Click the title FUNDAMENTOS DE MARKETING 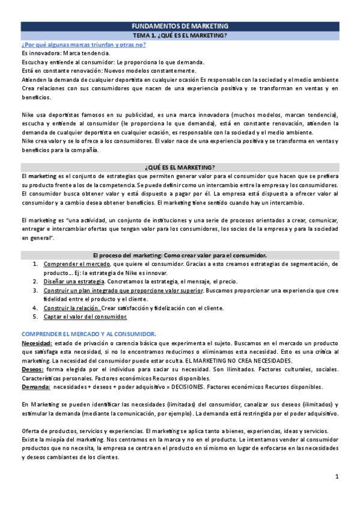point(180,26)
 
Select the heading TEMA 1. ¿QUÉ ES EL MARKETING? point(180,35)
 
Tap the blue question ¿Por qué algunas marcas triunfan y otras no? point(83,45)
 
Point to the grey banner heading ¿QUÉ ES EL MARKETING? point(180,167)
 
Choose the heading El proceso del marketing point(180,255)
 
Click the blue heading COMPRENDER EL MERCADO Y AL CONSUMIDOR point(88,334)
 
